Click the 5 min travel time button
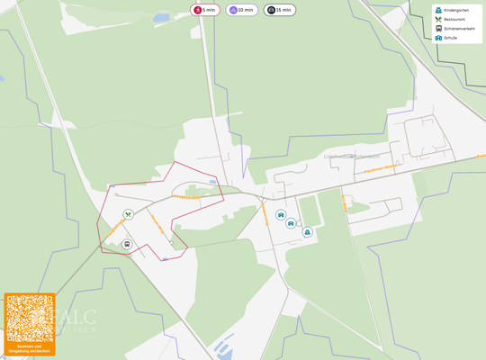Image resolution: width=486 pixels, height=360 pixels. pyautogui.click(x=204, y=10)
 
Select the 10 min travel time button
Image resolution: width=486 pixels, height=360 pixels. pyautogui.click(x=241, y=10)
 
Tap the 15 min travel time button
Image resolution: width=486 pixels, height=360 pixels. pyautogui.click(x=279, y=10)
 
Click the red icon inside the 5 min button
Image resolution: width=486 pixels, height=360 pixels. pyautogui.click(x=196, y=10)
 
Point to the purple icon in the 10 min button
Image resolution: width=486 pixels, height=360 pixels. pyautogui.click(x=233, y=10)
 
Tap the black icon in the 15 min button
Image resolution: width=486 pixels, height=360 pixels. pyautogui.click(x=271, y=10)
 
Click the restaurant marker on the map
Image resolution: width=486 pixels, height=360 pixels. pyautogui.click(x=129, y=214)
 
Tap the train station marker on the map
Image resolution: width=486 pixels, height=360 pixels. pyautogui.click(x=126, y=243)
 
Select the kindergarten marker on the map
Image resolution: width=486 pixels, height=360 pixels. pyautogui.click(x=308, y=232)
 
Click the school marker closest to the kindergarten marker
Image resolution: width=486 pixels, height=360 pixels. pyautogui.click(x=292, y=223)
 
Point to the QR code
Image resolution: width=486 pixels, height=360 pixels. pyautogui.click(x=29, y=317)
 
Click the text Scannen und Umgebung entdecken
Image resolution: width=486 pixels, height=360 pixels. pyautogui.click(x=29, y=347)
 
